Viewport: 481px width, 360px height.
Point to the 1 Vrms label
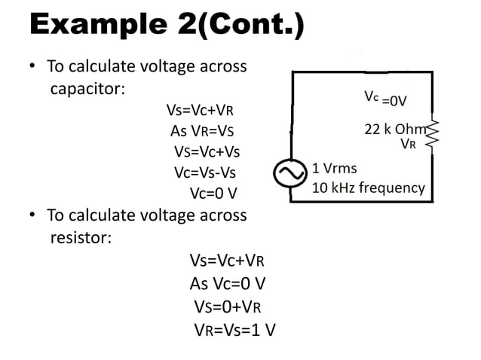click(x=335, y=167)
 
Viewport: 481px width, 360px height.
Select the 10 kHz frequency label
click(x=368, y=188)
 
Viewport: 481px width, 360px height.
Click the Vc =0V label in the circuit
click(x=386, y=99)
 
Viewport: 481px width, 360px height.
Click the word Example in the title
click(x=95, y=27)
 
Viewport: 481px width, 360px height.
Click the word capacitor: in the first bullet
click(x=87, y=90)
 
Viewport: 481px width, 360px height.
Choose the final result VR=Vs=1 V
click(x=234, y=328)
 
